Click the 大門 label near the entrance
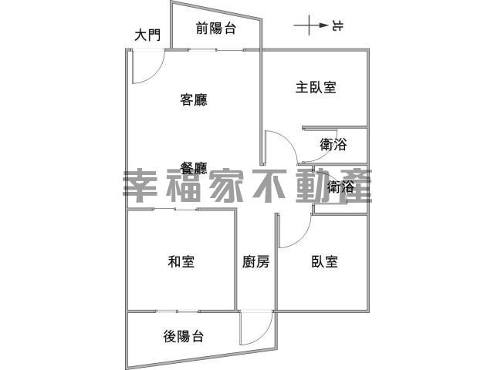(x=147, y=35)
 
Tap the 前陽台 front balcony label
(x=216, y=29)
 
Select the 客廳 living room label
(x=194, y=99)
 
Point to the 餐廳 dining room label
(x=194, y=168)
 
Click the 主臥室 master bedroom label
(x=316, y=87)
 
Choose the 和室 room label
(x=181, y=262)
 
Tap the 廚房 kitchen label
(x=255, y=262)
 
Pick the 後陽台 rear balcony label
(x=184, y=337)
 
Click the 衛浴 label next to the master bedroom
(x=333, y=144)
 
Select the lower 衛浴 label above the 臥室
(x=340, y=187)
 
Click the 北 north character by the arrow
(x=337, y=25)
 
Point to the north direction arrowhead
(x=323, y=25)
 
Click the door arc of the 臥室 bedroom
(x=302, y=238)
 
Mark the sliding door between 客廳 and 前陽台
(x=217, y=49)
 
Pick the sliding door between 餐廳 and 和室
(x=175, y=209)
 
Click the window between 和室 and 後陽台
(x=177, y=311)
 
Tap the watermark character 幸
(x=140, y=187)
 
